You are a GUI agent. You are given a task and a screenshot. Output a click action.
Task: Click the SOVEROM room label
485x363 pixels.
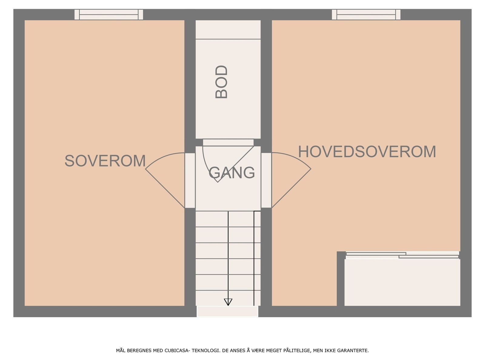(105, 161)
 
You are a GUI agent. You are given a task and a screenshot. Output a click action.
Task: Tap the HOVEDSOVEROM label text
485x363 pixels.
(367, 152)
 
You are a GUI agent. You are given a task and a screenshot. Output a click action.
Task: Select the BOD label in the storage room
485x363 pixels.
(221, 82)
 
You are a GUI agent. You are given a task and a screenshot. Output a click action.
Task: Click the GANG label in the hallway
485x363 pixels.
(232, 173)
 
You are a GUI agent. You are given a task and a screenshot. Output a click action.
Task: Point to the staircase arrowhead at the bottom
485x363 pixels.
(228, 302)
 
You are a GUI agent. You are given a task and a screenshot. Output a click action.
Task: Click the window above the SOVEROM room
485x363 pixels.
(109, 15)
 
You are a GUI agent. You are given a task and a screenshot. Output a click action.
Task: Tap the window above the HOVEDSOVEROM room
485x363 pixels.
(366, 15)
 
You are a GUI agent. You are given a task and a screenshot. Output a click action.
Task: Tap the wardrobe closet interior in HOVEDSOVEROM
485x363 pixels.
(402, 282)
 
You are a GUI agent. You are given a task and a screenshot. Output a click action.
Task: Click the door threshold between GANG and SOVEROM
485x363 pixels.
(190, 180)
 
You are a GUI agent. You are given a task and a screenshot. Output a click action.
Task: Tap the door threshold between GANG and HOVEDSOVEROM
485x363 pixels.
(266, 180)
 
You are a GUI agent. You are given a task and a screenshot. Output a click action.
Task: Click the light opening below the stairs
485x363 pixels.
(227, 311)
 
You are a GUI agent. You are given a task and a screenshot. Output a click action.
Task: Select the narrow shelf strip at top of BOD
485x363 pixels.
(228, 30)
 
